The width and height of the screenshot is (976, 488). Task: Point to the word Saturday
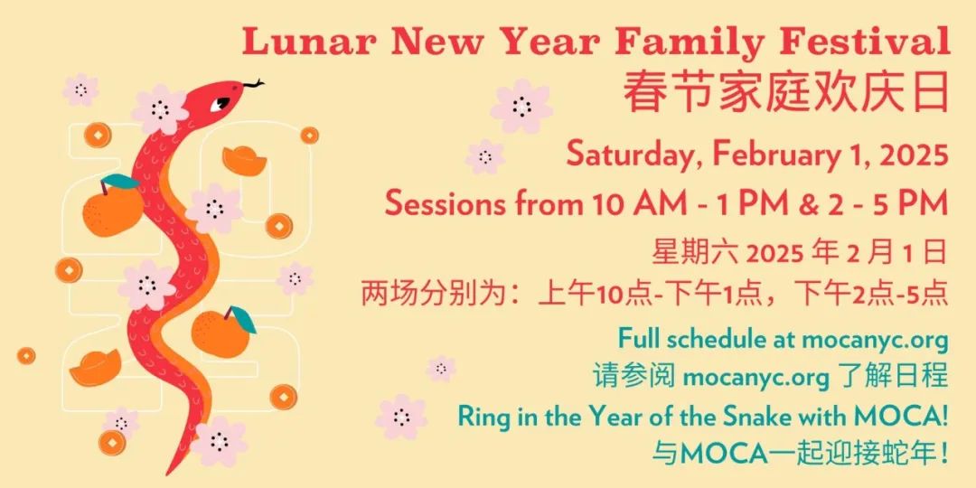coord(635,155)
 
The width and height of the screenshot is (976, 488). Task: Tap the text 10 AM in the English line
coord(630,203)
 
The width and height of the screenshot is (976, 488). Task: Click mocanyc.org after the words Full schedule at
coord(875,340)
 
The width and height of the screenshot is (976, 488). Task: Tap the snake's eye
coord(220,103)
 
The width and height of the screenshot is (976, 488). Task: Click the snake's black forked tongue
coord(253,83)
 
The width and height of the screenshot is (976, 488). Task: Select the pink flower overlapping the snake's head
coord(160,109)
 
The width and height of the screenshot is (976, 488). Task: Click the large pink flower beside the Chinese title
coord(521,106)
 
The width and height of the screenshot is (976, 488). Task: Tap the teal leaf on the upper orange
coord(120,182)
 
